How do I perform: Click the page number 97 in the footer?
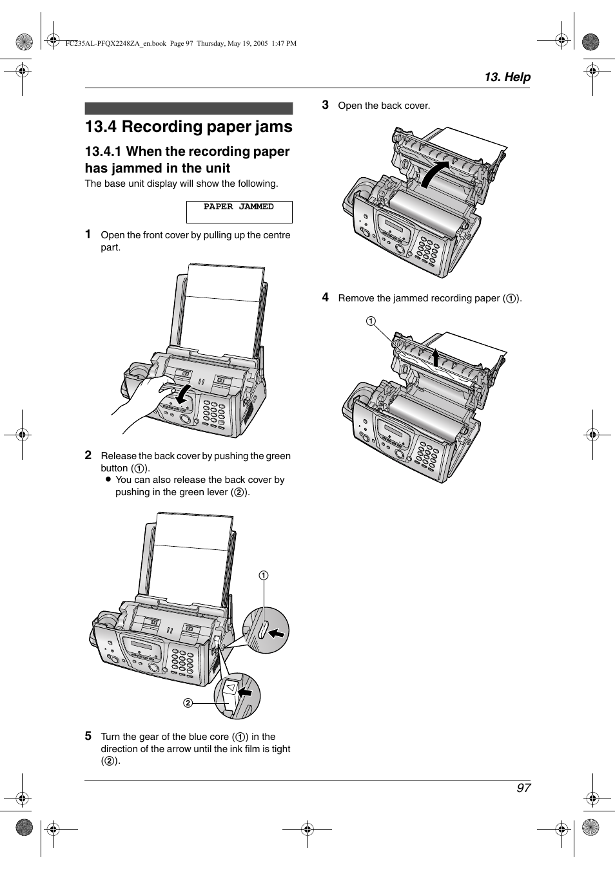(x=523, y=788)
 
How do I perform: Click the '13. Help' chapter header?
(x=507, y=77)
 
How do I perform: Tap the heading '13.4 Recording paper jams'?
(x=188, y=127)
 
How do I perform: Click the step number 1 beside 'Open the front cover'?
(x=88, y=234)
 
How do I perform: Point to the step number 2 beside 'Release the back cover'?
(x=88, y=455)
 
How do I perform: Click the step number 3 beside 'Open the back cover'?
(x=326, y=104)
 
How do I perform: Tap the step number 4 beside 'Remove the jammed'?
(x=326, y=297)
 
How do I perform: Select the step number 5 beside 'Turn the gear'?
(x=88, y=735)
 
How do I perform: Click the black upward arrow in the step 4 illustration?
(x=436, y=357)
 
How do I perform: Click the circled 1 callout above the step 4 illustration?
(x=371, y=321)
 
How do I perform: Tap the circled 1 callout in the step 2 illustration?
(x=264, y=575)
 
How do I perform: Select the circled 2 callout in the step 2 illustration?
(x=188, y=703)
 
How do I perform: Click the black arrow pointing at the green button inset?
(x=276, y=633)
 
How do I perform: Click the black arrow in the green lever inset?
(x=245, y=692)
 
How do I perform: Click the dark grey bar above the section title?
(x=188, y=108)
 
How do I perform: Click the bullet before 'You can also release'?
(x=108, y=479)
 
